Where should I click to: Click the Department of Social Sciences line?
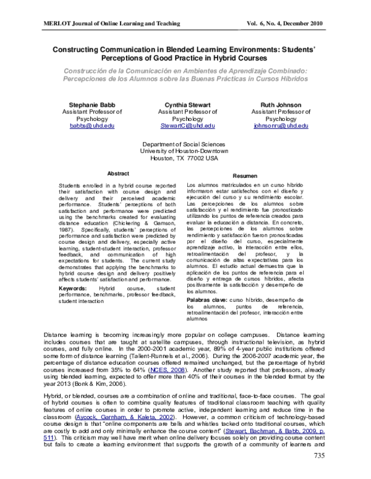click(x=185, y=143)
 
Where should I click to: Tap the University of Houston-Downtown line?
click(x=185, y=150)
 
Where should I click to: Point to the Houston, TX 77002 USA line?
click(x=185, y=157)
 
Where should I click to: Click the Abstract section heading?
click(x=118, y=173)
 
